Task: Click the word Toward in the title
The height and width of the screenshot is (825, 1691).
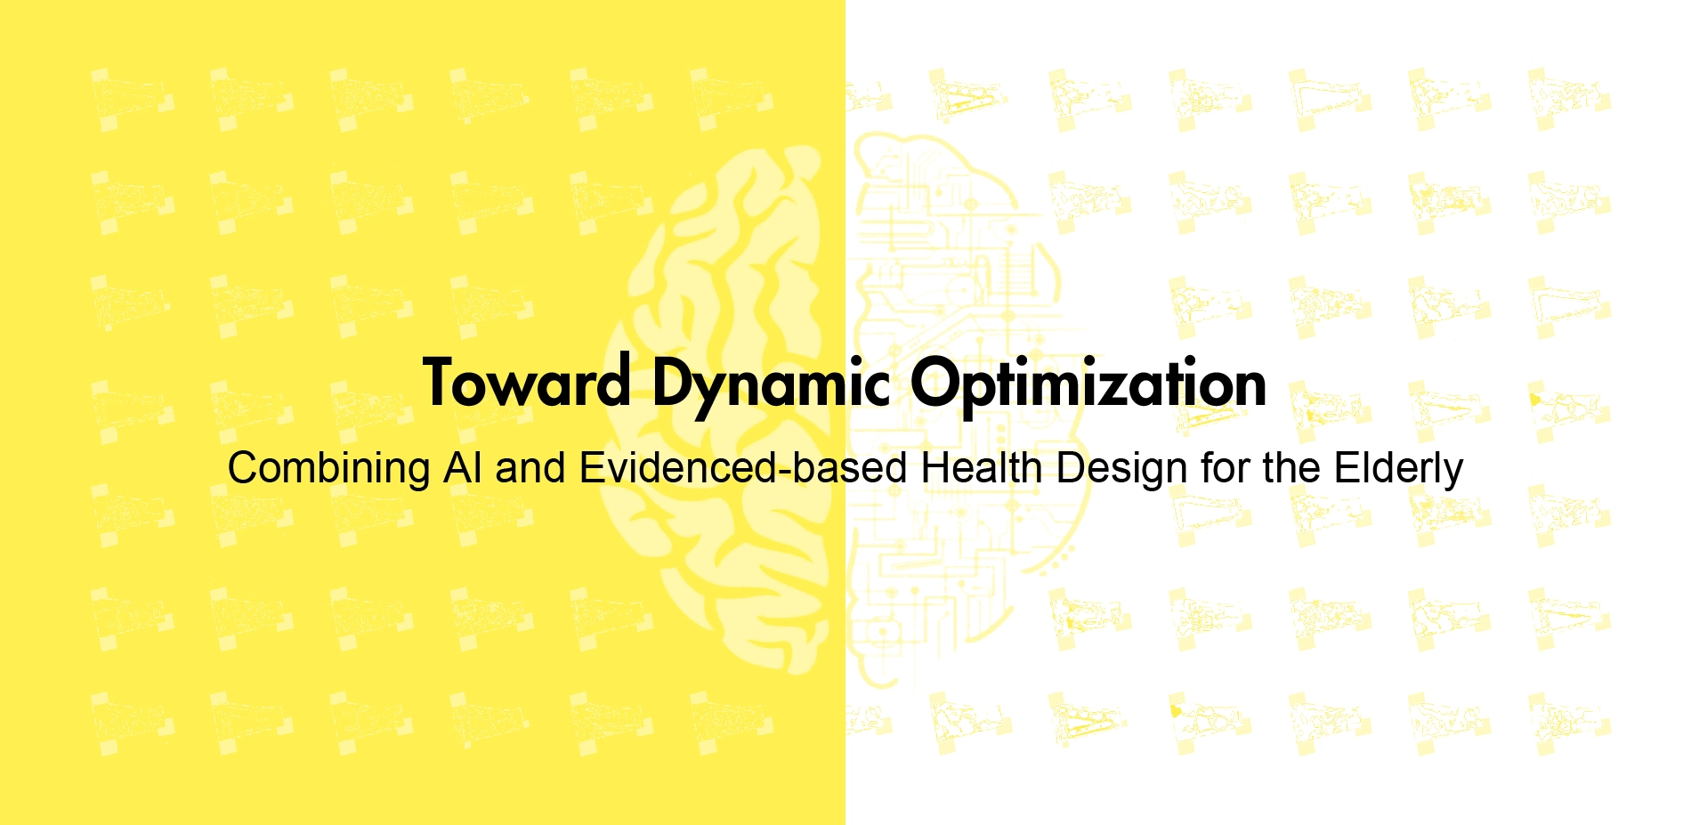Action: tap(527, 382)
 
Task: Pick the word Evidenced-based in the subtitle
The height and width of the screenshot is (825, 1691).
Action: tap(743, 468)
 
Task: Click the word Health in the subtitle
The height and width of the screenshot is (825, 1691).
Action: tap(982, 468)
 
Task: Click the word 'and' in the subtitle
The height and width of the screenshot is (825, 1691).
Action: tap(530, 468)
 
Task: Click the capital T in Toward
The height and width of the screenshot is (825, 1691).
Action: tap(441, 383)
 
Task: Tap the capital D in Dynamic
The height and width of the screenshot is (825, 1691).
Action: tap(674, 383)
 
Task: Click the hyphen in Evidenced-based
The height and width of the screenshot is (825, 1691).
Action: tap(784, 473)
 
